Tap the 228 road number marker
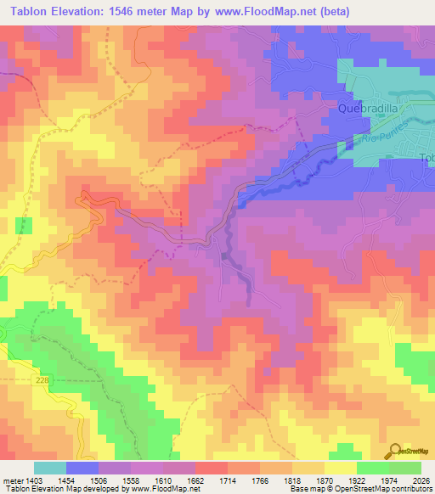pyautogui.click(x=42, y=384)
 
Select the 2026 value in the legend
pyautogui.click(x=421, y=481)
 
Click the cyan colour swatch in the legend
pyautogui.click(x=50, y=468)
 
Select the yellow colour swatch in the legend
pyautogui.click(x=340, y=468)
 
